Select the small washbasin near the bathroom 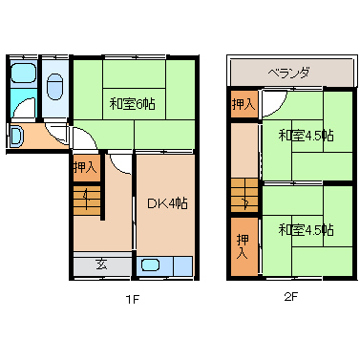point(16,138)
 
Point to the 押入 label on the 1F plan point(85,167)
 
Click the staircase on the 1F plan point(86,201)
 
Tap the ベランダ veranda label point(287,73)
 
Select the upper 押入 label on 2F point(243,102)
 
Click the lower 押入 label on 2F point(243,247)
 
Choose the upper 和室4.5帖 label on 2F point(307,135)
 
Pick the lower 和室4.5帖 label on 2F point(307,230)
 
